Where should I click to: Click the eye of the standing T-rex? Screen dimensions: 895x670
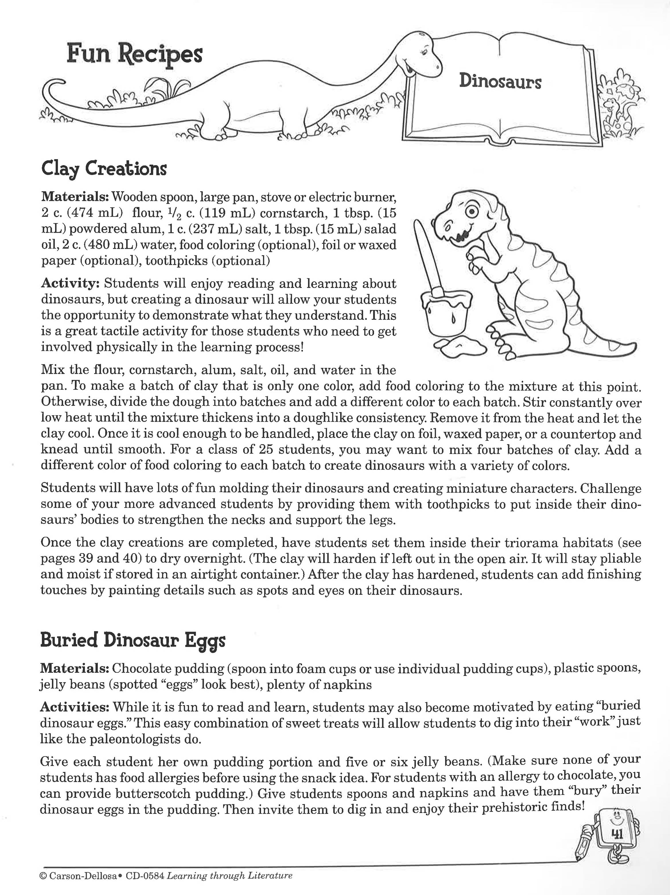[x=471, y=211]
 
